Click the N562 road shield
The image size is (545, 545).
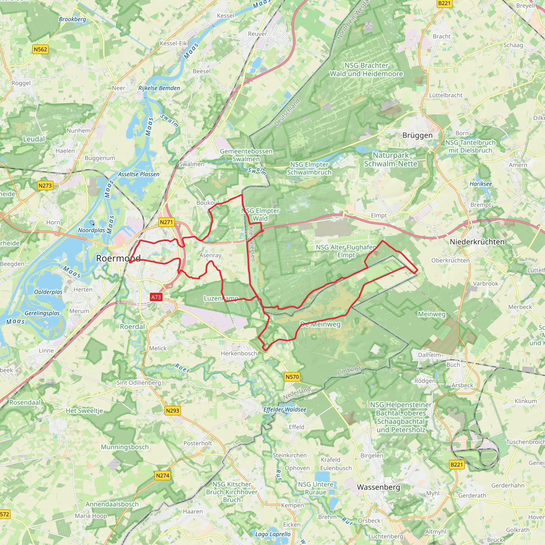click(40, 49)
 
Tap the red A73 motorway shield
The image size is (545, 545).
click(156, 297)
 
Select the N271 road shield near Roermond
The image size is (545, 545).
click(166, 222)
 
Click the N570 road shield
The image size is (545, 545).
click(292, 377)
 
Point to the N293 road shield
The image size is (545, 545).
click(172, 411)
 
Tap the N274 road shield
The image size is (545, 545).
click(163, 476)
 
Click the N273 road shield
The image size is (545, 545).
click(45, 186)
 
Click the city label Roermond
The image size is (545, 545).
click(118, 258)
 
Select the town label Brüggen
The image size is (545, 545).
click(417, 135)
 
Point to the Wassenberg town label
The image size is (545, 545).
click(378, 487)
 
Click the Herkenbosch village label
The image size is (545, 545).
click(239, 353)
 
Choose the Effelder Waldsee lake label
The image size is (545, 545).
click(285, 409)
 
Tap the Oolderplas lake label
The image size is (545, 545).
click(48, 292)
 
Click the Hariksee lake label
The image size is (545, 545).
click(481, 184)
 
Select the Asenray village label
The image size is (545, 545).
click(210, 255)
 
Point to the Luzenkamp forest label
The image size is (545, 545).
click(221, 298)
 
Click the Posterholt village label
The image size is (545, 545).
click(197, 443)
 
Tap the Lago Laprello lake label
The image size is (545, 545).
click(272, 534)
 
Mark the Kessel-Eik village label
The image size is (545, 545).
click(173, 43)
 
